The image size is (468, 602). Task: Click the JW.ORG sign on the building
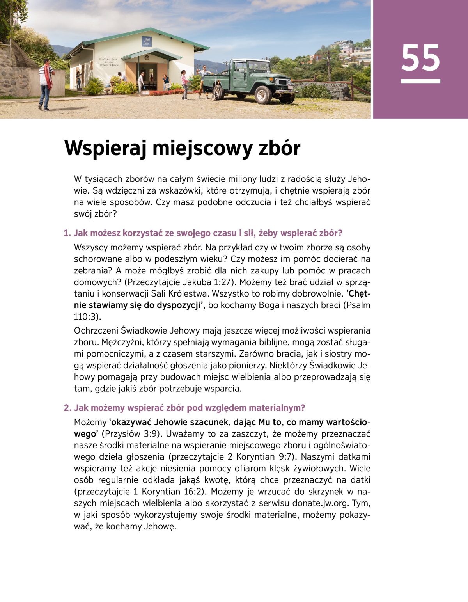click(147, 42)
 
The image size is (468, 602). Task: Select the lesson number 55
click(420, 58)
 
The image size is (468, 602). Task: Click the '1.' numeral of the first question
click(67, 233)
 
